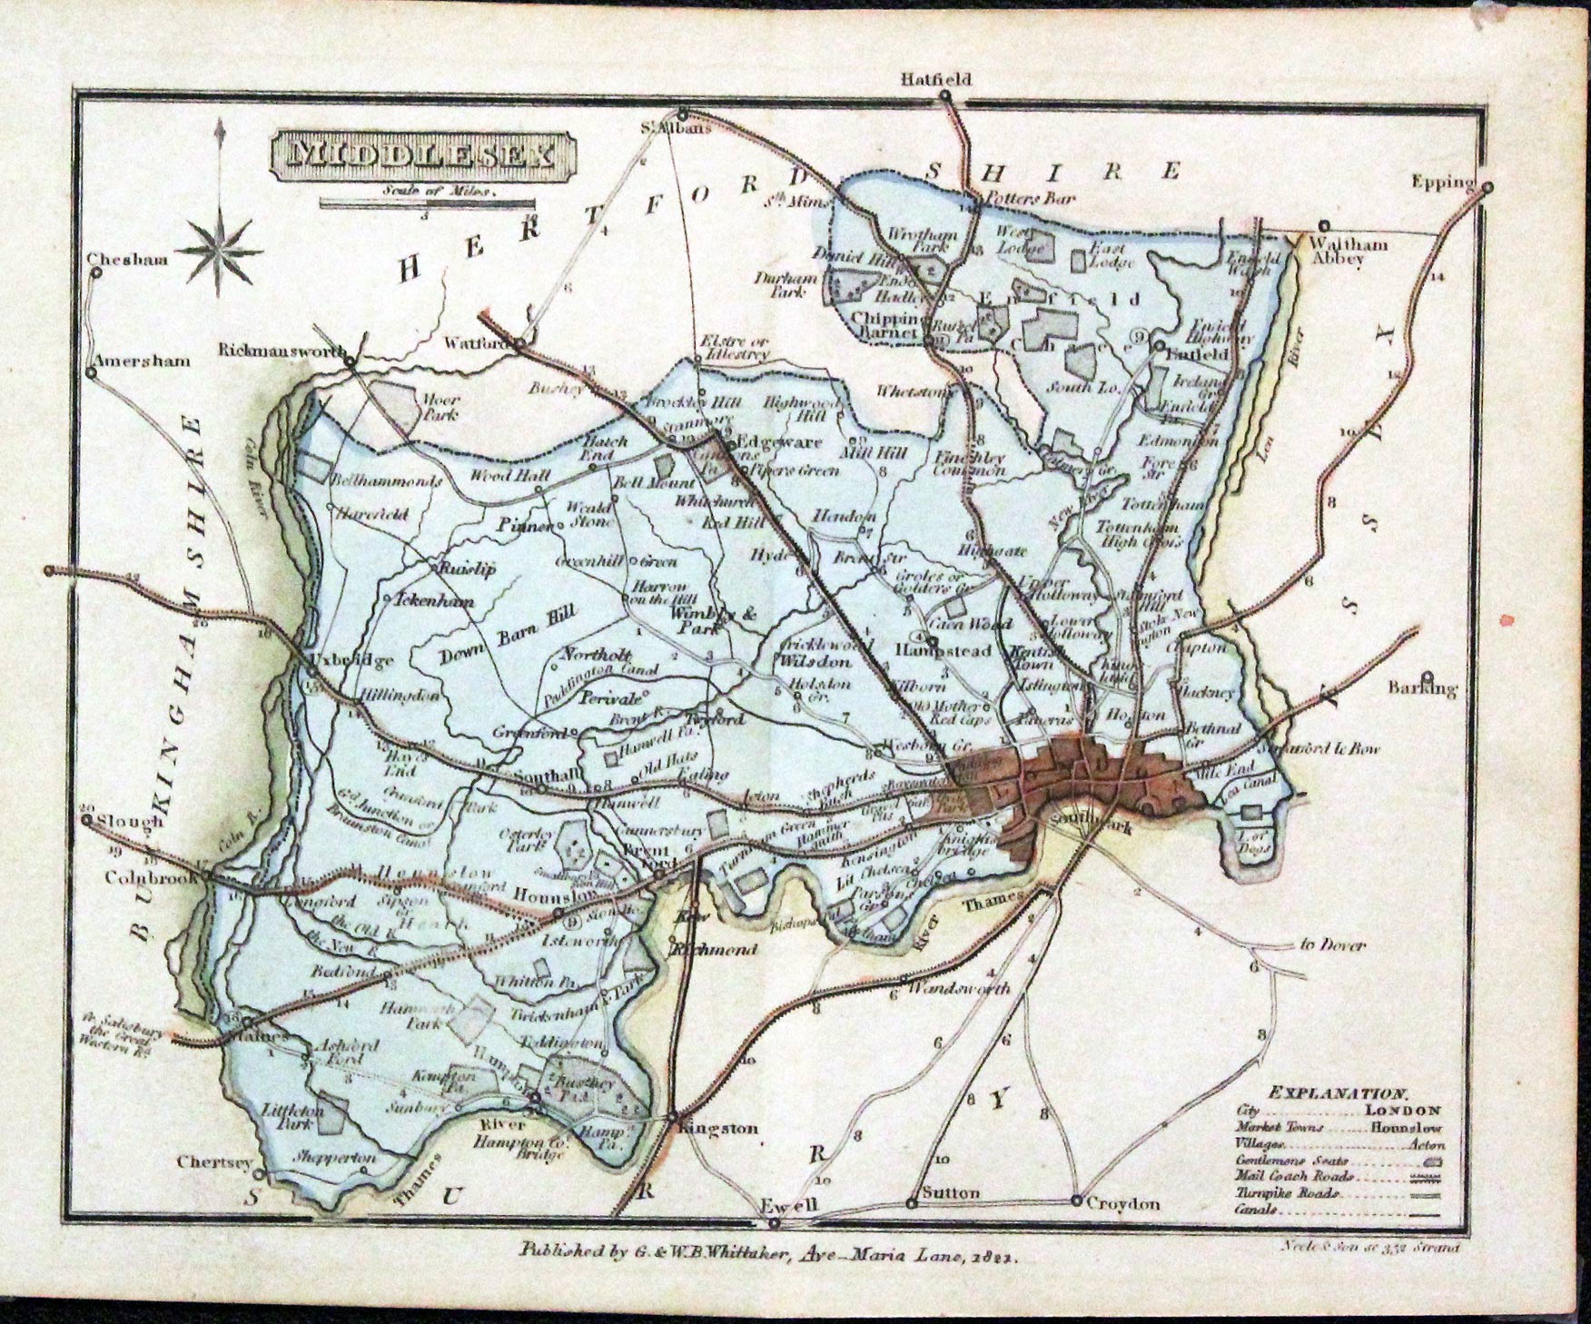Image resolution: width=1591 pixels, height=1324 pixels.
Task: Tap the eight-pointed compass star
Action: click(x=220, y=250)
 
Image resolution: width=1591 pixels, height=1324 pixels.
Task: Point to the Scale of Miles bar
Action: click(x=423, y=205)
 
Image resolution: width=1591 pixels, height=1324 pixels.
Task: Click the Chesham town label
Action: click(x=128, y=260)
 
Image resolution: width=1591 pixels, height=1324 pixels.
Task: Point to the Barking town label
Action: click(x=1422, y=688)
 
